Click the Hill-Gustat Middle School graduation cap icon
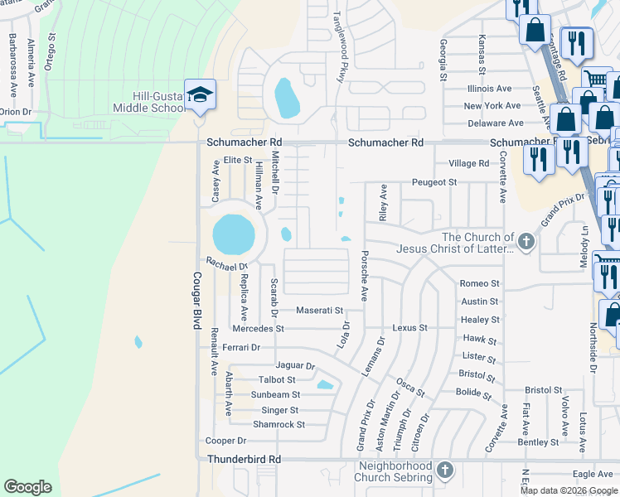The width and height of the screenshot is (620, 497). click(200, 94)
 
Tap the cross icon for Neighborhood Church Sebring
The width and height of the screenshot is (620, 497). click(445, 470)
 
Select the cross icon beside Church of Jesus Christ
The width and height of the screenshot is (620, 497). click(525, 241)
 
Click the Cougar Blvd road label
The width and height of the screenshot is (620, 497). click(197, 302)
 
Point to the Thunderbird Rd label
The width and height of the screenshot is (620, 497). click(245, 459)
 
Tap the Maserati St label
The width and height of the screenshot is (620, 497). click(320, 311)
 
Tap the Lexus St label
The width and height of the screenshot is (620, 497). click(409, 328)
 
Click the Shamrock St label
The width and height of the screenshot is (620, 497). click(279, 424)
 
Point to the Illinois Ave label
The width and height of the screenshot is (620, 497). click(489, 88)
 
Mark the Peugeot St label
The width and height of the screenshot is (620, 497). click(435, 182)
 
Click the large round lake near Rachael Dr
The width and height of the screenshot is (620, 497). click(234, 235)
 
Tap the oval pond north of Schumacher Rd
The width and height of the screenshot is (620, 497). click(286, 99)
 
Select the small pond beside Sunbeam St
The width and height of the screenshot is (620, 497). click(325, 384)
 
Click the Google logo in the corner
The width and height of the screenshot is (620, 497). click(27, 487)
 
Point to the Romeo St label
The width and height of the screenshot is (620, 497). click(480, 283)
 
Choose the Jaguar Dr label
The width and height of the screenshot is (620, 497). click(296, 365)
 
